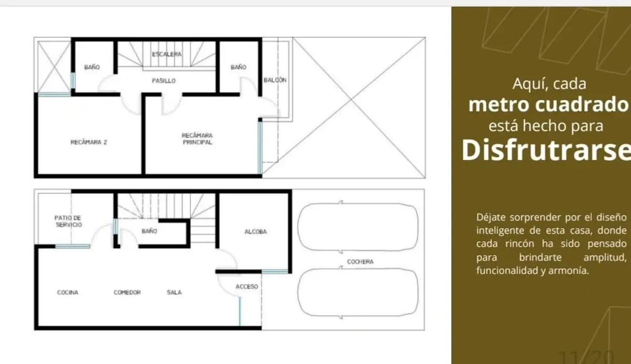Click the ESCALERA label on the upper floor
click(x=167, y=54)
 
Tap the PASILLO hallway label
click(x=164, y=81)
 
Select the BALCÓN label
click(x=275, y=80)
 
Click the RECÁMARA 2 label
click(x=89, y=142)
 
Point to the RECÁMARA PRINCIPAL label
click(x=197, y=139)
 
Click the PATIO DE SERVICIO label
click(x=68, y=221)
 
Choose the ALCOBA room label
click(x=256, y=231)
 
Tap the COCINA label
click(x=68, y=292)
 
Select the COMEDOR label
click(x=127, y=292)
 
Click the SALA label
click(x=174, y=292)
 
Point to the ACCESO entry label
click(x=247, y=287)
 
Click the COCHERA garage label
click(x=360, y=262)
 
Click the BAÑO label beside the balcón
click(x=238, y=67)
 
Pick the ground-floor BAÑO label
click(x=149, y=231)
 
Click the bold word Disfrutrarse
click(x=546, y=150)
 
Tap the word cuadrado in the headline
click(x=582, y=105)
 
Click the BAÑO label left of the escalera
click(x=92, y=67)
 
